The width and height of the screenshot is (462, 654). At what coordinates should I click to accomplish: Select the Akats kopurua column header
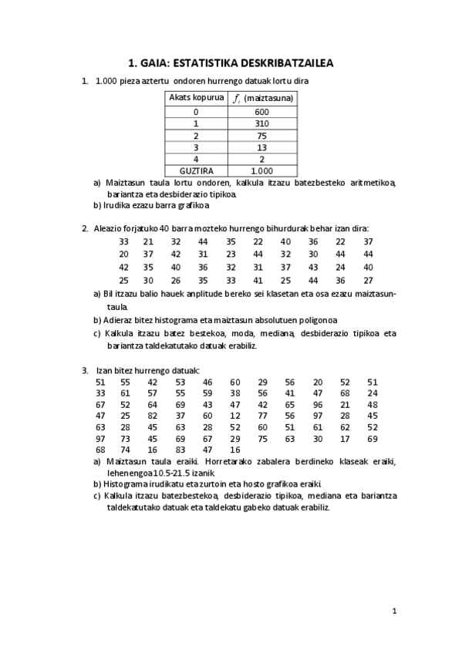click(x=197, y=98)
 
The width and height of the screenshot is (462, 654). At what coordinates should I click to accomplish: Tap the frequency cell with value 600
click(x=261, y=112)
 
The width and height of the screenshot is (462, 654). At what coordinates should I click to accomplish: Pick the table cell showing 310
click(x=261, y=123)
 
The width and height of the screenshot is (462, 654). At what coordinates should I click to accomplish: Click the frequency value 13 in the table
click(x=261, y=147)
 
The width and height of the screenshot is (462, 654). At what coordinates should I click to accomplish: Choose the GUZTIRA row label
click(x=196, y=170)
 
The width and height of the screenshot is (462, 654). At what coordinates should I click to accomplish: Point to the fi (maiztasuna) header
click(x=261, y=99)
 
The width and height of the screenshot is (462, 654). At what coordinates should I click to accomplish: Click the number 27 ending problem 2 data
click(x=368, y=280)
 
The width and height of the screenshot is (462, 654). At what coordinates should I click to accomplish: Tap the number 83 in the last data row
click(x=180, y=450)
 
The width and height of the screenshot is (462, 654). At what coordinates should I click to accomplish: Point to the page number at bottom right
click(x=394, y=611)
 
